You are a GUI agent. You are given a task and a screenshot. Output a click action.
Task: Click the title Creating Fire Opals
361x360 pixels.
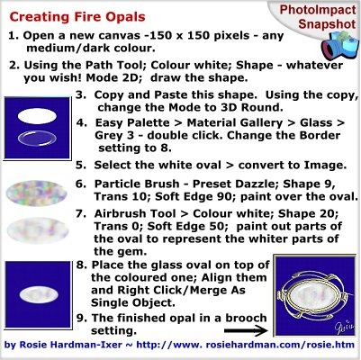(x=77, y=17)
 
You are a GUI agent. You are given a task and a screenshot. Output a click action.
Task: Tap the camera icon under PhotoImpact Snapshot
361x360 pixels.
(x=339, y=46)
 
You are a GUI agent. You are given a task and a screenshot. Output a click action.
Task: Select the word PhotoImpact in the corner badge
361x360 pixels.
(x=318, y=10)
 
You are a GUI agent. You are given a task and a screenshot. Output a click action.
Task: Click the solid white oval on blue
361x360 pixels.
(x=37, y=116)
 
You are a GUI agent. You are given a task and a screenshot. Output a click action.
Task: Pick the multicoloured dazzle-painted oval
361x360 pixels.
(x=36, y=193)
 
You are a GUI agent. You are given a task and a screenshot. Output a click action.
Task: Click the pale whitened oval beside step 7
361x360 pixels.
(x=38, y=230)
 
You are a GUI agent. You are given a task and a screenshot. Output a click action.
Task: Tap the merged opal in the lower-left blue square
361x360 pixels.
(x=39, y=294)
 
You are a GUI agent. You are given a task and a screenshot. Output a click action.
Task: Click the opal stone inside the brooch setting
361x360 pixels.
(x=313, y=295)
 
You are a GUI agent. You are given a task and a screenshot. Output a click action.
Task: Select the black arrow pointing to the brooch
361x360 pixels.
(x=246, y=330)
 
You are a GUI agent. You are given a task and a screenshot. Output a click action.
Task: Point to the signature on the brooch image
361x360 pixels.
(x=344, y=326)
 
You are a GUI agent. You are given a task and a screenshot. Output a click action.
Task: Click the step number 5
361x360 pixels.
(x=80, y=166)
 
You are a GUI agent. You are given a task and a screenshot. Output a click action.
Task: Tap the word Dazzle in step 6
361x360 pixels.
(x=260, y=184)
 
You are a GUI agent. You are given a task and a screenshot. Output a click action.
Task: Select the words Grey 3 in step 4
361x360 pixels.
(x=114, y=136)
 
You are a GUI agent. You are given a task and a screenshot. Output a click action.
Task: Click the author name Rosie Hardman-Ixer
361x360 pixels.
(x=70, y=345)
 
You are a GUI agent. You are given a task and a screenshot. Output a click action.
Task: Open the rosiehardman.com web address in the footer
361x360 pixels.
(x=246, y=345)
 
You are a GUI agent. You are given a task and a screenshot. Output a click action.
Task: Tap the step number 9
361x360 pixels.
(x=82, y=318)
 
